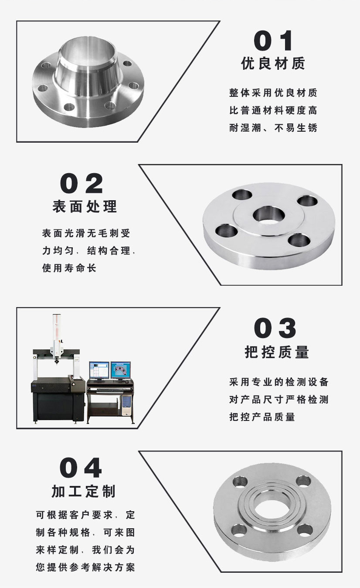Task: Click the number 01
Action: click(x=273, y=41)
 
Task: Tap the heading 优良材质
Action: click(x=273, y=64)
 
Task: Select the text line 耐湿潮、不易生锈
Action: click(x=273, y=128)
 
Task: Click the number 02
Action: click(x=82, y=184)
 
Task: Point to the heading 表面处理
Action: click(x=85, y=206)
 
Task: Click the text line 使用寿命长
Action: click(x=69, y=268)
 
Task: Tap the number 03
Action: click(x=275, y=328)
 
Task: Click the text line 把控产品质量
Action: click(x=262, y=417)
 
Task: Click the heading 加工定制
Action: click(x=84, y=491)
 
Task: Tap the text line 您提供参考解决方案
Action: click(x=85, y=567)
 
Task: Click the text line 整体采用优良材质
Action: click(x=273, y=93)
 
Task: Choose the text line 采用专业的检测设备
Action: click(x=278, y=382)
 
